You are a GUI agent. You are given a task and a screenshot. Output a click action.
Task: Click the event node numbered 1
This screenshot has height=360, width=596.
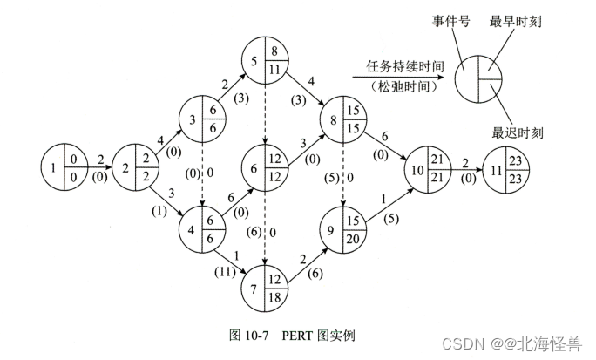click(x=64, y=163)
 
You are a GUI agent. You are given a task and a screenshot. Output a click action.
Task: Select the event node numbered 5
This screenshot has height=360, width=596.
click(x=263, y=62)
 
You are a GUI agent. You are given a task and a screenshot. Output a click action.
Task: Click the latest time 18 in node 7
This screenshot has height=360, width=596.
click(x=275, y=297)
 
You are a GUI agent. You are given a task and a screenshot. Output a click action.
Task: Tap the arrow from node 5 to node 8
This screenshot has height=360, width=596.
click(x=306, y=87)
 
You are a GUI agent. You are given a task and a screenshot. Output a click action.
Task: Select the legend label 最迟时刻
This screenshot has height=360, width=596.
click(x=517, y=132)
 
